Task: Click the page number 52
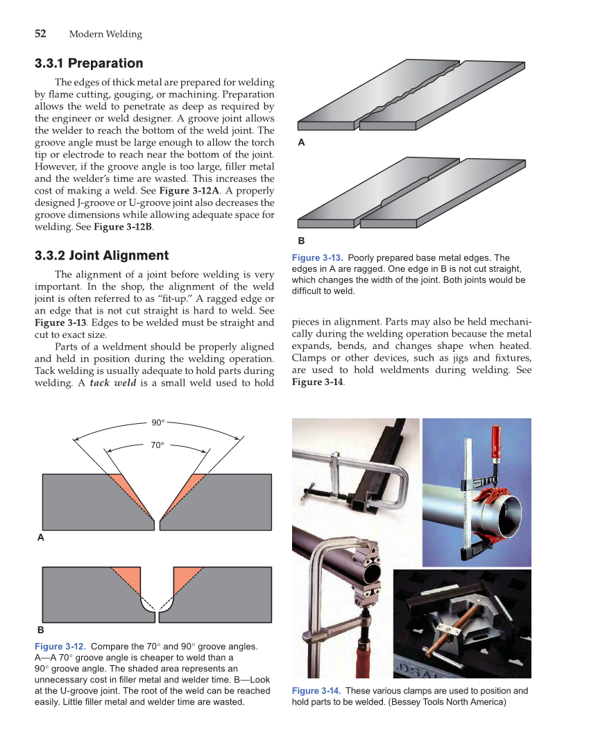(x=40, y=33)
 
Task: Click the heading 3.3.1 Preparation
(x=89, y=64)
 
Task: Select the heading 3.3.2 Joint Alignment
(x=101, y=255)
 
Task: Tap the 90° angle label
(x=158, y=422)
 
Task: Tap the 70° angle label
(x=157, y=445)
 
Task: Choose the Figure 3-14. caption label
(x=316, y=691)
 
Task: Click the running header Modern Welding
(x=105, y=34)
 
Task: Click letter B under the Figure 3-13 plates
(x=301, y=241)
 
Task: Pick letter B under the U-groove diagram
(x=40, y=630)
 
